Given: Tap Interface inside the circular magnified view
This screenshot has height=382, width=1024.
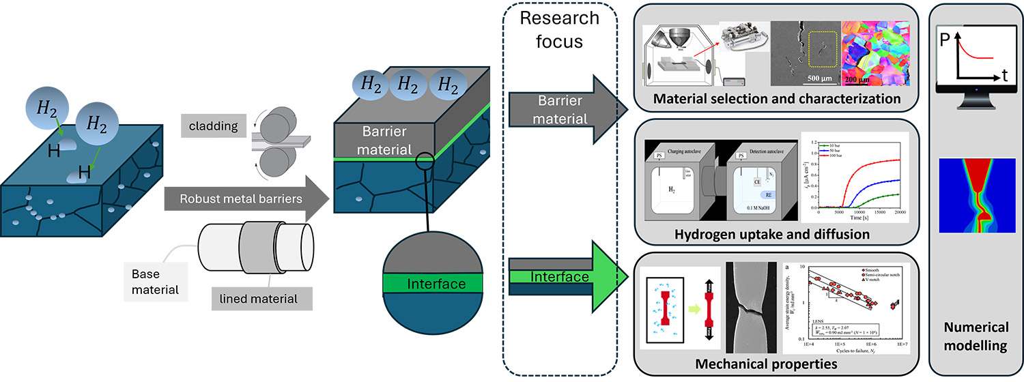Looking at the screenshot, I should coord(435,283).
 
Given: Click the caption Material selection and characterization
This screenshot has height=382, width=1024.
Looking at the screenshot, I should coord(778,99).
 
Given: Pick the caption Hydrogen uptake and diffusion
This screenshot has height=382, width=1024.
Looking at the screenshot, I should coord(771,235).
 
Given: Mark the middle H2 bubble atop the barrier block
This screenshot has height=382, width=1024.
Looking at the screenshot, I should coord(408,86).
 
